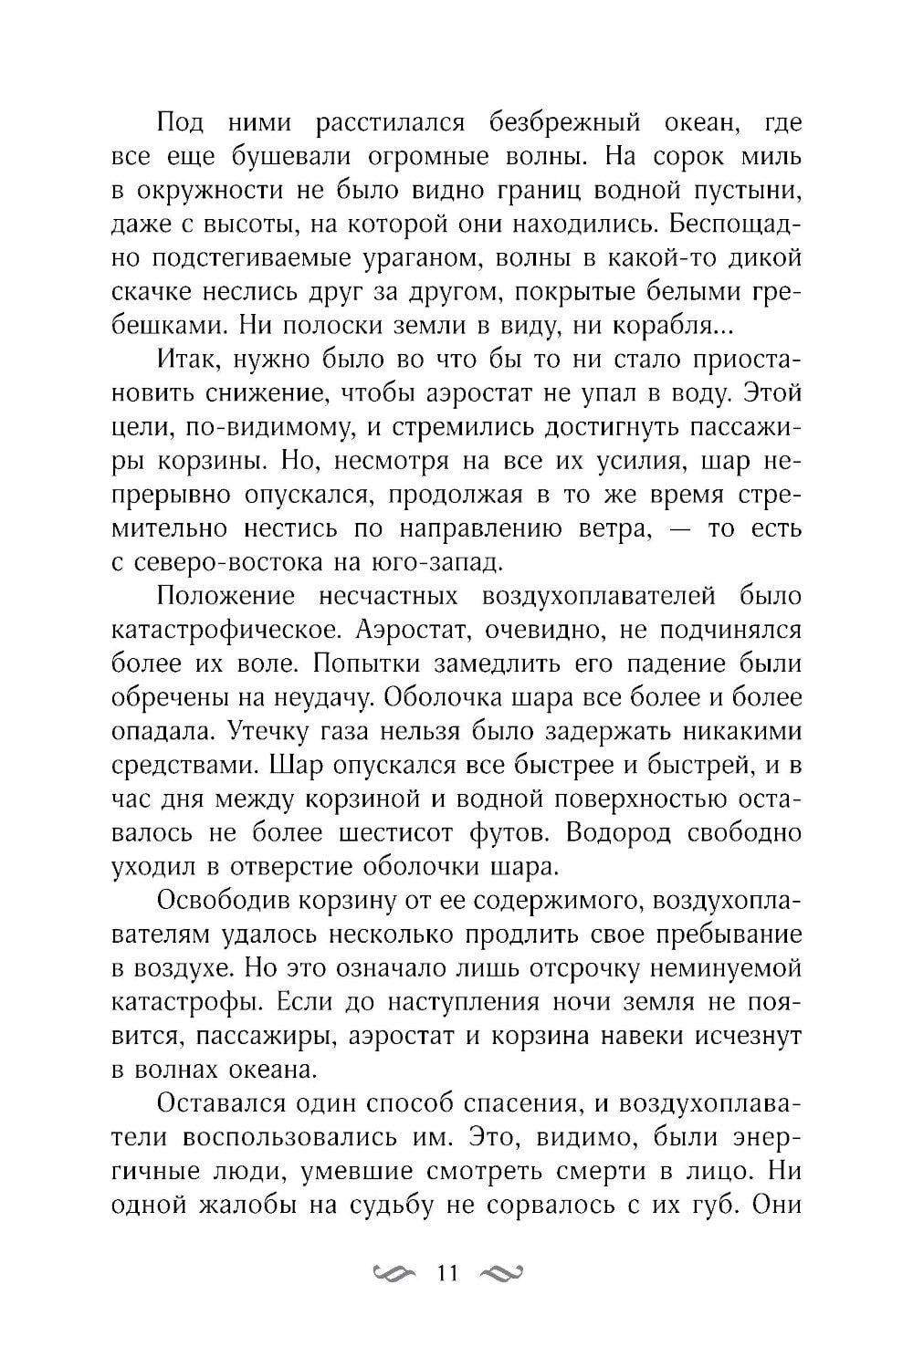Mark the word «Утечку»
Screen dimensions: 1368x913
(x=277, y=730)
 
